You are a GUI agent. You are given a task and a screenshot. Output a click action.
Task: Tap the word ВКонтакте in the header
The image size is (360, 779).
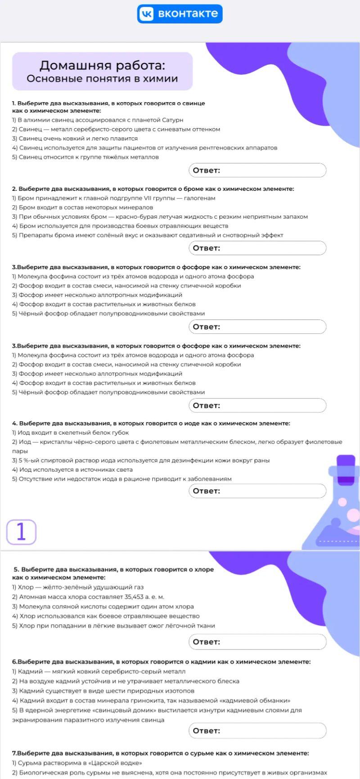[x=188, y=14]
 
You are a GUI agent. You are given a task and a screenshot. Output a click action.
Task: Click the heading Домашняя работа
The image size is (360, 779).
[x=102, y=66]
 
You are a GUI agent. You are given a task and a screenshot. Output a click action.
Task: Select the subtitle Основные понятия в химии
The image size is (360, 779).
[x=102, y=79]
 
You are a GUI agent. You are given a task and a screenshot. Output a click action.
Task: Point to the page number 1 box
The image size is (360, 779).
[x=21, y=532]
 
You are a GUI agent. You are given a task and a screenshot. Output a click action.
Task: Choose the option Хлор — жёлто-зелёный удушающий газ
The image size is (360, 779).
[x=81, y=587]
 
